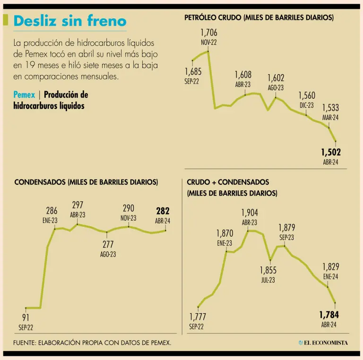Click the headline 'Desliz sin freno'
70,21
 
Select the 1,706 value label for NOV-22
209,33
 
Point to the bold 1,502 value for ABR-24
330,152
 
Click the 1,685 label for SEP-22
193,72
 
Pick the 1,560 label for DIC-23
307,96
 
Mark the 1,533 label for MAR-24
330,108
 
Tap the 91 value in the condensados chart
26,317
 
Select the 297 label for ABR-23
78,205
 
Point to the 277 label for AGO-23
108,245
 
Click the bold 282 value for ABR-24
163,211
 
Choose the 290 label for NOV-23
129,208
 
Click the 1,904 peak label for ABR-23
250,213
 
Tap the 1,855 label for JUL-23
268,270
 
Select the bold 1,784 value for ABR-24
329,314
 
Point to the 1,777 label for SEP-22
198,317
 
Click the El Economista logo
323,343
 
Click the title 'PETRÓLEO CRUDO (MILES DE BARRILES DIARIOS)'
259,17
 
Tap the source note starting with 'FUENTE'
92,342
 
